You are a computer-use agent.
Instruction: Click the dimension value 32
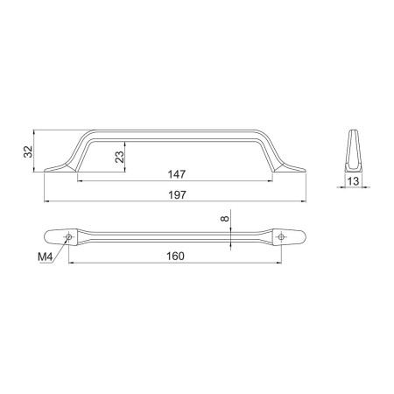[x=28, y=151]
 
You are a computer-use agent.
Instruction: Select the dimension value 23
[x=120, y=157]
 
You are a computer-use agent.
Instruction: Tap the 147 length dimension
[x=177, y=174]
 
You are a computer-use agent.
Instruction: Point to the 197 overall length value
[x=177, y=194]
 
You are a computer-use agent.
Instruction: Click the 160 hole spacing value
[x=175, y=257]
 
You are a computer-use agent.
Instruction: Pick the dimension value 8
[x=225, y=218]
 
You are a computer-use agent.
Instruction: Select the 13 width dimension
[x=353, y=181]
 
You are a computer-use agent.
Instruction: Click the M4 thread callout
[x=45, y=257]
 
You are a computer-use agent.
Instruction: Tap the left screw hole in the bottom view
[x=69, y=236]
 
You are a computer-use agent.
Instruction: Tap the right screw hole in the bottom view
[x=281, y=236]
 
